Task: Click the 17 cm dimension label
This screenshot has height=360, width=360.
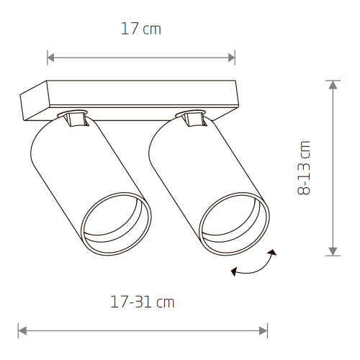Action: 141,29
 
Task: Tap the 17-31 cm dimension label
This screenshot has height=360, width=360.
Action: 143,302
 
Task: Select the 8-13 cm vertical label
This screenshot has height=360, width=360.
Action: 304,168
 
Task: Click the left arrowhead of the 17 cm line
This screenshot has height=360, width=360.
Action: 50,58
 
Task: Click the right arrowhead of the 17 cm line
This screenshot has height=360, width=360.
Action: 232,58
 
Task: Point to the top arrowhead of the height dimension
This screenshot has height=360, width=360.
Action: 333,85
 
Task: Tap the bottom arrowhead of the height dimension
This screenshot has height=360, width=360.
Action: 333,251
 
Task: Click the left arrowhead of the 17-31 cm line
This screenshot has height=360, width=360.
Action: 22,331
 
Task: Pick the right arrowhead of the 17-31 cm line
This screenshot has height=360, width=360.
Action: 264,331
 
